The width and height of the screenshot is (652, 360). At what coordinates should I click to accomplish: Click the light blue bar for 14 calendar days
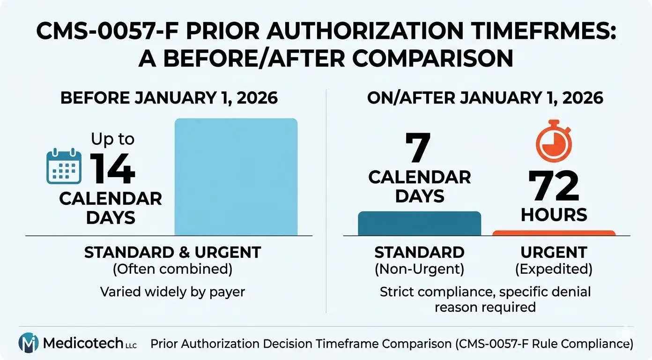(236, 177)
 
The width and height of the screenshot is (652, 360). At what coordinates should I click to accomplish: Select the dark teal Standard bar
(419, 224)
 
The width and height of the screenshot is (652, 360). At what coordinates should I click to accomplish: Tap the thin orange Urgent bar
(554, 232)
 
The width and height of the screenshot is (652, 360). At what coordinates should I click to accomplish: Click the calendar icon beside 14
(64, 166)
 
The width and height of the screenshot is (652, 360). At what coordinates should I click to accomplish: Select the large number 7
(418, 148)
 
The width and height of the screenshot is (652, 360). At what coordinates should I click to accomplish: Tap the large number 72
(554, 187)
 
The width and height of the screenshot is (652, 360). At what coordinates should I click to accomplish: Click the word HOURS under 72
(554, 215)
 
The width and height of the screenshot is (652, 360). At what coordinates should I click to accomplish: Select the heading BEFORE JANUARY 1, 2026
(169, 98)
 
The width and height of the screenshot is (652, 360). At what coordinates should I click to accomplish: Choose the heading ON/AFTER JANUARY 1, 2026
(485, 98)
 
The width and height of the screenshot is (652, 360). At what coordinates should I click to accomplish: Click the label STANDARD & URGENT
(172, 252)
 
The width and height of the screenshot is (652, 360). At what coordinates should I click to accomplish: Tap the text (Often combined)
(172, 270)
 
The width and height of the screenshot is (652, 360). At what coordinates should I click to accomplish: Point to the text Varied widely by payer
(172, 292)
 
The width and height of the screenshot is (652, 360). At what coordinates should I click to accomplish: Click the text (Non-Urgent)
(419, 270)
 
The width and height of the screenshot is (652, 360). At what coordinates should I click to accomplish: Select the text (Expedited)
(554, 270)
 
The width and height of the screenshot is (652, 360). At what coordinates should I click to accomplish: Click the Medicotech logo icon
(28, 343)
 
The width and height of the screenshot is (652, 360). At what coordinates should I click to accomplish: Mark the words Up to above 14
(112, 139)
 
